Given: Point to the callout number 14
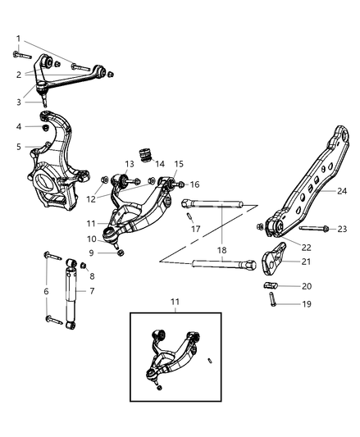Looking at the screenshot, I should tap(160, 164).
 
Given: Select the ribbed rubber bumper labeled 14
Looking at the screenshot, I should tap(149, 155).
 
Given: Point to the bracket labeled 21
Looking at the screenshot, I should tap(273, 263).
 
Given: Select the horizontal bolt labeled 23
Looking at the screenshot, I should tap(312, 228).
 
